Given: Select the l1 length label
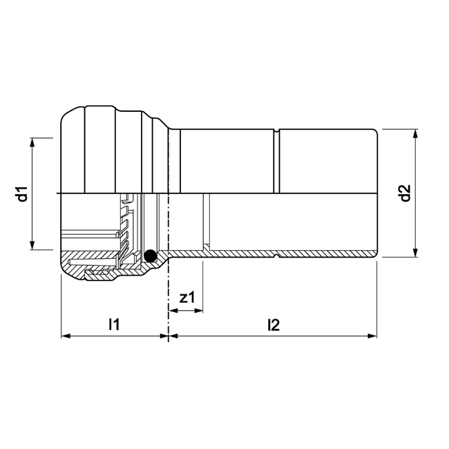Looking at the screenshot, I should tap(115, 323).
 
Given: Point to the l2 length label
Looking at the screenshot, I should tap(273, 323).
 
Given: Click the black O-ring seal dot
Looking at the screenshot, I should tap(150, 256).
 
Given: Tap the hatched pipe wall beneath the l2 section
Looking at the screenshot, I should tap(325, 256).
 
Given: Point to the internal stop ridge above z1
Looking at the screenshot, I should tap(204, 221).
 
